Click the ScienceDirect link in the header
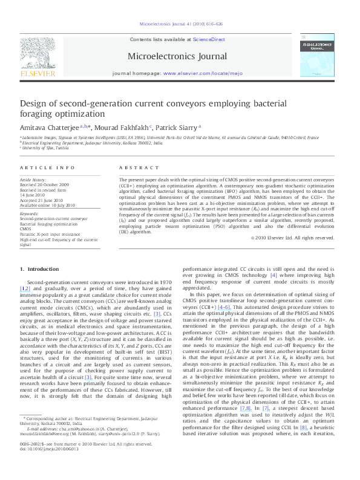209,39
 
